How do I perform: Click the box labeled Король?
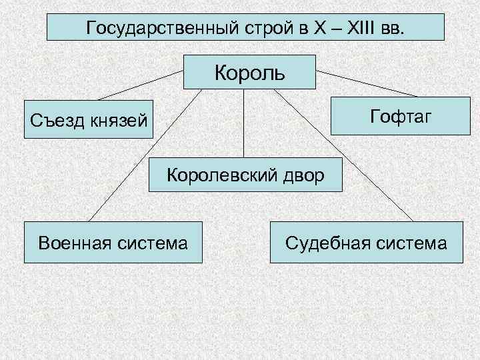pos(249,71)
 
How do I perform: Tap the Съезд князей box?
pos(88,120)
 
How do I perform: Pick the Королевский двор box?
pos(245,175)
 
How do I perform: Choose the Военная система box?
pos(113,243)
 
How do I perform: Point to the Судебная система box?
pos(366,243)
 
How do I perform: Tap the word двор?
pos(302,175)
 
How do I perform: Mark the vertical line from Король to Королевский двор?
pos(244,123)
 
